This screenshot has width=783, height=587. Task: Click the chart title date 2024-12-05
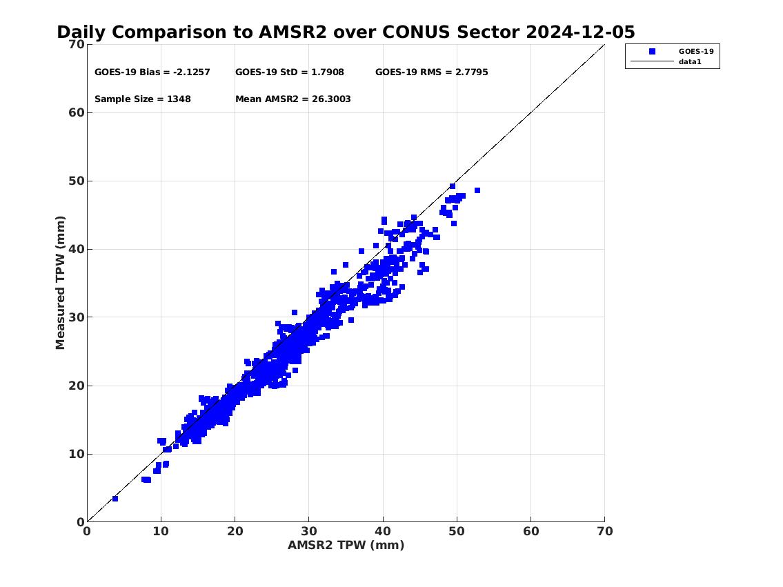580,32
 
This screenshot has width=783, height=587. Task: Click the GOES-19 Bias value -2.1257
191,72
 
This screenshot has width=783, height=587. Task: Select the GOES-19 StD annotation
290,72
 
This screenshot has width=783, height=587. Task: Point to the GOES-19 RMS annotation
431,72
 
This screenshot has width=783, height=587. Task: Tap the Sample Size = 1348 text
143,99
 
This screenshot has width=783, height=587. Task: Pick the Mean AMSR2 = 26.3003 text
293,99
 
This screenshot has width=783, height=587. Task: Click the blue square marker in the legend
652,52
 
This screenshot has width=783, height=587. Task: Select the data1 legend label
690,62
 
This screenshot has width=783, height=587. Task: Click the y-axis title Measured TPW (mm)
60,283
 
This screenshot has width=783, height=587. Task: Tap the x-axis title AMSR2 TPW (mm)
346,545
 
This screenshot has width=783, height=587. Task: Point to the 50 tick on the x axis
457,531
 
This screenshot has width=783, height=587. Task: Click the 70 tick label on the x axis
605,531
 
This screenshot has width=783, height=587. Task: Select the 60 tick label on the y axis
77,112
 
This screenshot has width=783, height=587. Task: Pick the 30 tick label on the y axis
77,317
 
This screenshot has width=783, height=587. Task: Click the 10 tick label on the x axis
161,531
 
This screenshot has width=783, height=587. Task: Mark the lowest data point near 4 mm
115,499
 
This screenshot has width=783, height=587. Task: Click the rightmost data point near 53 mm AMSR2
477,190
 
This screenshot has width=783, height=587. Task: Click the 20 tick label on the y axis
77,386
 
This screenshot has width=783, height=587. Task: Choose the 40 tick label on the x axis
382,531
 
